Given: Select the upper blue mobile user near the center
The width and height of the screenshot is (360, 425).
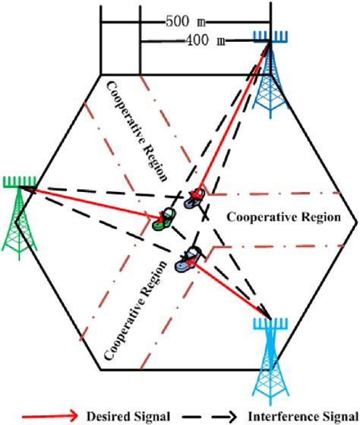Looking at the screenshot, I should point(196,197).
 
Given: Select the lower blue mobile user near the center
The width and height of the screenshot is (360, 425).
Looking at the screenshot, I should point(188,260).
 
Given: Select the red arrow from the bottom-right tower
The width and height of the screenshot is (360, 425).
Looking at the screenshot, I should point(232,288).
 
